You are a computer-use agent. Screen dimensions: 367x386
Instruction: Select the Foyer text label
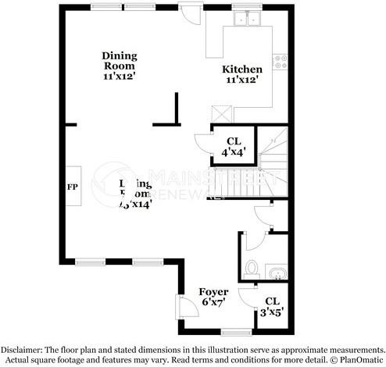[213, 291]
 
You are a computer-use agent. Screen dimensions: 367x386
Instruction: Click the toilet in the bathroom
[251, 268]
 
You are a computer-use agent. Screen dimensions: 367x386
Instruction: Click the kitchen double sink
[249, 20]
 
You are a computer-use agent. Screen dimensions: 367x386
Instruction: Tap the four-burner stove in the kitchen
[280, 62]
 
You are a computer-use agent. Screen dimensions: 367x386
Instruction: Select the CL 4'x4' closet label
[234, 146]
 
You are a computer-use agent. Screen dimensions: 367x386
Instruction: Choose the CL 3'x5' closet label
[272, 306]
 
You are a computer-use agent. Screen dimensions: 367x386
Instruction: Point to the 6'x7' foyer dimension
[213, 302]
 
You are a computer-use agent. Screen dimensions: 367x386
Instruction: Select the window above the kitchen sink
[249, 7]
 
